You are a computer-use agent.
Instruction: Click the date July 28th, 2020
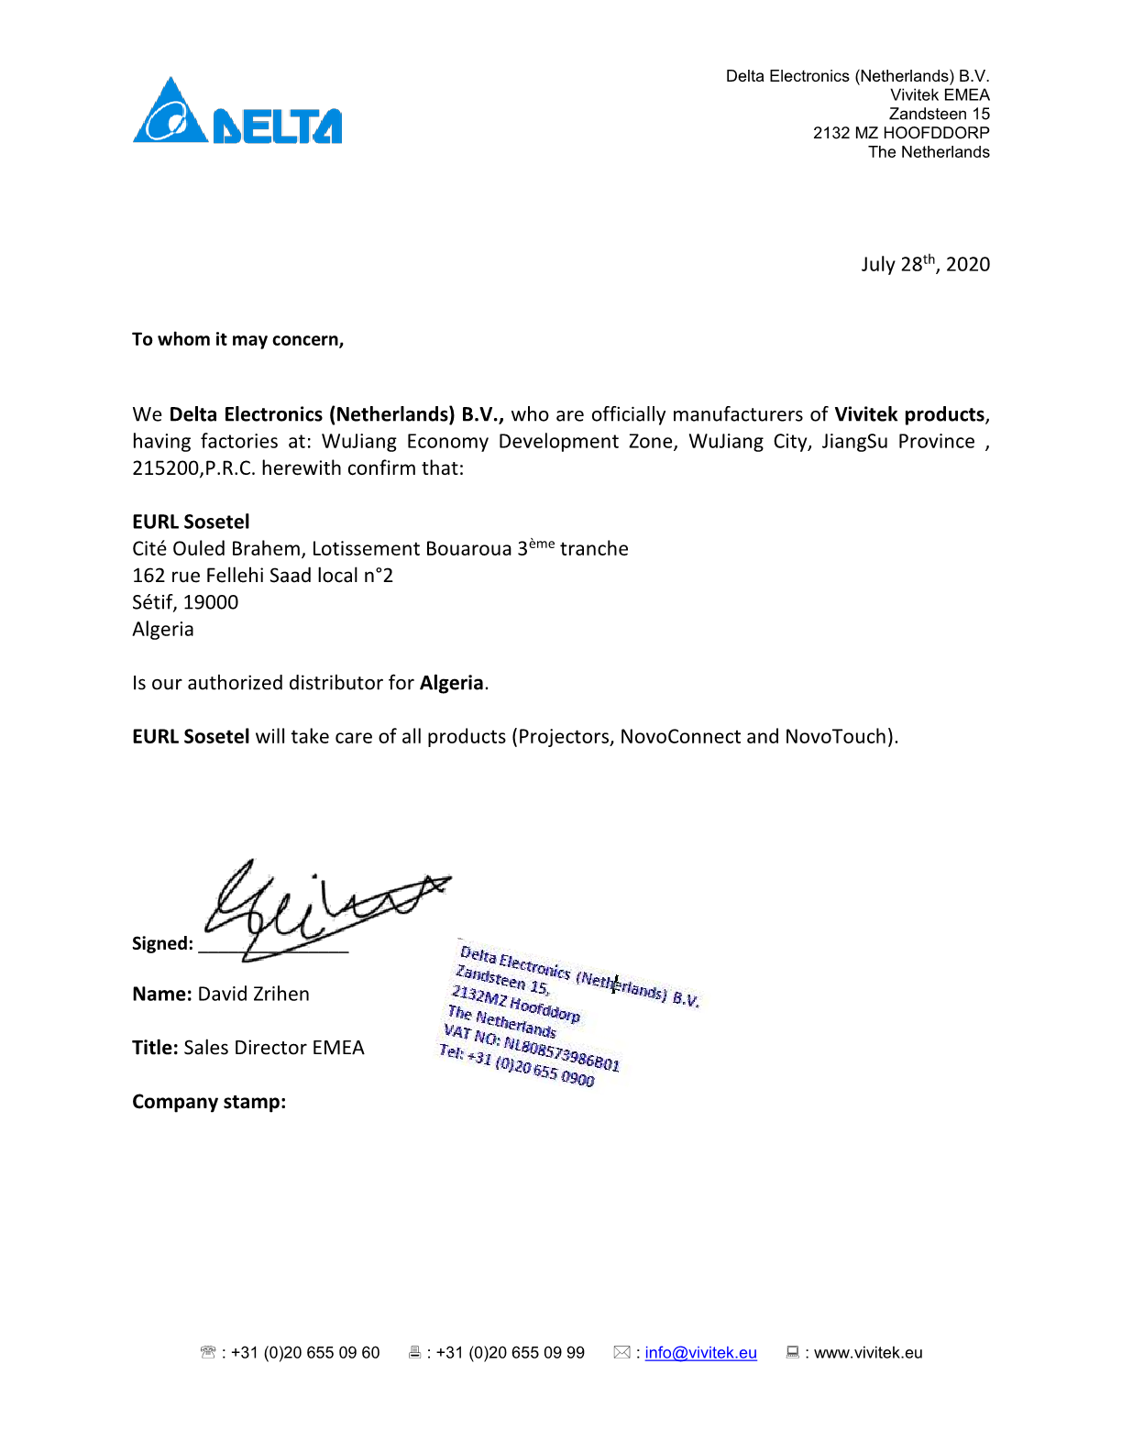[925, 264]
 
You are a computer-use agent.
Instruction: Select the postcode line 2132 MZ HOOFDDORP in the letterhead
[900, 133]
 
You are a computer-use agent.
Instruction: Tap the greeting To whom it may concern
[237, 339]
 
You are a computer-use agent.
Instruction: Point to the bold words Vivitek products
[908, 414]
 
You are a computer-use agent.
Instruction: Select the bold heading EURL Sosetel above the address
[191, 522]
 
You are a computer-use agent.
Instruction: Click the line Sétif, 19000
[185, 602]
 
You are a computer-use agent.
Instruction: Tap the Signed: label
[162, 943]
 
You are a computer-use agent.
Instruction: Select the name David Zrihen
[253, 994]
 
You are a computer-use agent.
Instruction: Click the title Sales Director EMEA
[273, 1048]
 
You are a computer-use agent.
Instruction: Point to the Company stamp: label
[209, 1102]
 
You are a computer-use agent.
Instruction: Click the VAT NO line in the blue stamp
[532, 1048]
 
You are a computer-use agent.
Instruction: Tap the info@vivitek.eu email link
[700, 1352]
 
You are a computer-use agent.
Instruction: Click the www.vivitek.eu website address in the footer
[867, 1352]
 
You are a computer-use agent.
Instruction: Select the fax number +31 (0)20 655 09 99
[510, 1352]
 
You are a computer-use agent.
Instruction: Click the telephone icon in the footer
[208, 1352]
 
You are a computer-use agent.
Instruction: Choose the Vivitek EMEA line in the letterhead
[940, 95]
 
